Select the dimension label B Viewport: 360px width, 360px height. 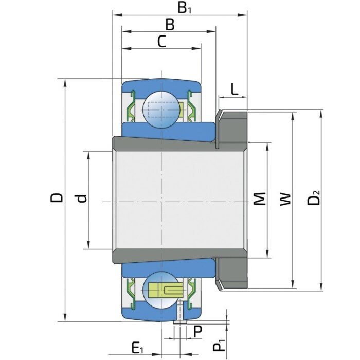pyautogui.click(x=169, y=24)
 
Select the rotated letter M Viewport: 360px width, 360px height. pyautogui.click(x=261, y=199)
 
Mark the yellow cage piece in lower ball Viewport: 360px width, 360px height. pyautogui.click(x=166, y=290)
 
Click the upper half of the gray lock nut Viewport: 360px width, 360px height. pyautogui.click(x=232, y=127)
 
